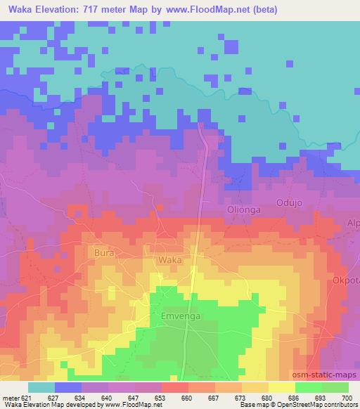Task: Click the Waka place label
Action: pos(170,260)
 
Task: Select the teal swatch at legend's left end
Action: pos(41,387)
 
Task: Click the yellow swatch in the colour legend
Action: pos(281,387)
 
